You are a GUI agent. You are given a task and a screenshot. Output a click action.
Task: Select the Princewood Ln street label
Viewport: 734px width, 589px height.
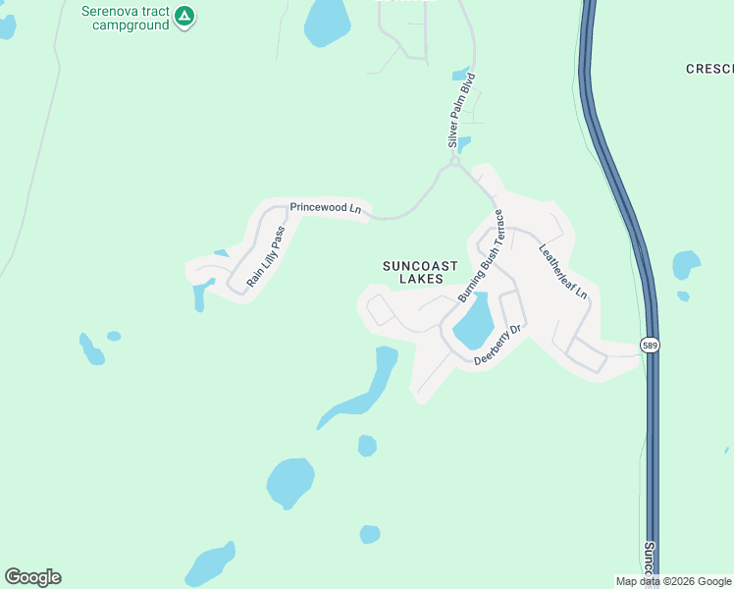326,208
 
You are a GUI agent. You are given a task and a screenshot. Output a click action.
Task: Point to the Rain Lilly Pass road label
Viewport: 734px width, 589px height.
266,256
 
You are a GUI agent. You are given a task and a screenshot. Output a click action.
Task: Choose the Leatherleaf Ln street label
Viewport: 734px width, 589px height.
562,271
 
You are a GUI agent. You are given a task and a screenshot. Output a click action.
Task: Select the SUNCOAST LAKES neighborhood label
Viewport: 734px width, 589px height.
420,272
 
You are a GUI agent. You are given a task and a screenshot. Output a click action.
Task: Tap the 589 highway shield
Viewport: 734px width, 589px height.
650,345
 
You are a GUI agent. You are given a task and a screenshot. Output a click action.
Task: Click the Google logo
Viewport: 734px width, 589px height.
32,577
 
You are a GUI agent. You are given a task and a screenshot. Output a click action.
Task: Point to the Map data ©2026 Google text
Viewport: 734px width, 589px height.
673,581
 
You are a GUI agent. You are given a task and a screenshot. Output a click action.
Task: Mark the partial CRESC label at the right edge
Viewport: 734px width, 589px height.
709,69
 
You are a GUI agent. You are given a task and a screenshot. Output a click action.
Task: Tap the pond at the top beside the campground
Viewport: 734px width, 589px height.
327,22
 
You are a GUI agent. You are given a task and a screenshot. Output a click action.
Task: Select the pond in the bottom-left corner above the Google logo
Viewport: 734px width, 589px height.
210,564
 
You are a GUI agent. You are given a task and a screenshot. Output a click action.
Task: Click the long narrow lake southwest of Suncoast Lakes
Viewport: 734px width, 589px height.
368,388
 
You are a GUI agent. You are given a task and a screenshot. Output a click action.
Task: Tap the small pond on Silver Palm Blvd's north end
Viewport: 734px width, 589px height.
460,74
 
